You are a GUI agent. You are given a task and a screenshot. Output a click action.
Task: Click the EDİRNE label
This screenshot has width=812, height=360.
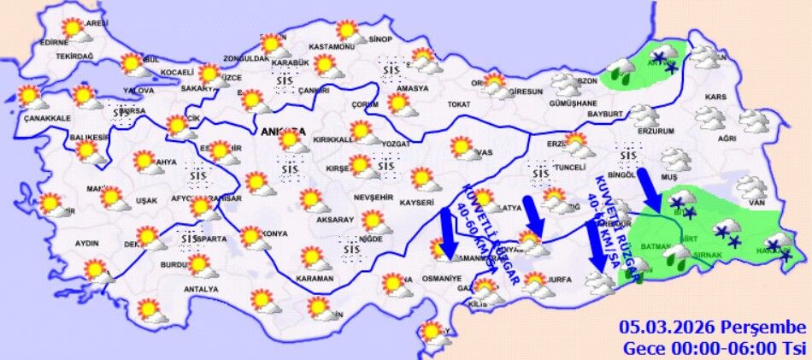point(53,41)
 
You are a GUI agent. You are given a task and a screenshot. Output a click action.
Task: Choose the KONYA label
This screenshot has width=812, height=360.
point(275,233)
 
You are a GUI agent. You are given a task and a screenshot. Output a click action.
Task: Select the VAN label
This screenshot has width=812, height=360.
point(755,203)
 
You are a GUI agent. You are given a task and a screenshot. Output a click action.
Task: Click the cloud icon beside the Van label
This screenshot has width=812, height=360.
point(751,186)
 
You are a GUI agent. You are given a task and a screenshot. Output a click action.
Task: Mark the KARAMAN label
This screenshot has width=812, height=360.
point(314,279)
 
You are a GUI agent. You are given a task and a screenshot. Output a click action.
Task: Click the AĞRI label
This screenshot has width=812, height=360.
point(727,138)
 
